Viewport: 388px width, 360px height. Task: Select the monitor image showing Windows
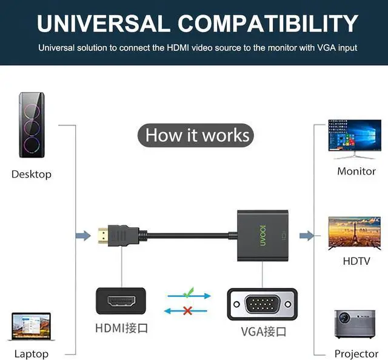pyautogui.click(x=354, y=139)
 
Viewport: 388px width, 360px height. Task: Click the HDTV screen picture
pyautogui.click(x=354, y=233)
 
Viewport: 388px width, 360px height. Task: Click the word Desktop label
pyautogui.click(x=32, y=175)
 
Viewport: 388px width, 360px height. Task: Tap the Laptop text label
pyautogui.click(x=31, y=354)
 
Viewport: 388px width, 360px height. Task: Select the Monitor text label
pyautogui.click(x=356, y=172)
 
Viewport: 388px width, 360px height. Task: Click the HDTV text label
pyautogui.click(x=356, y=262)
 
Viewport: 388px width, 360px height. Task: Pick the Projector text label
pyautogui.click(x=356, y=354)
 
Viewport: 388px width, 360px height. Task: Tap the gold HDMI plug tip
pyautogui.click(x=104, y=234)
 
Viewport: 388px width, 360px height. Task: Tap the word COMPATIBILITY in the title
pyautogui.click(x=269, y=24)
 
